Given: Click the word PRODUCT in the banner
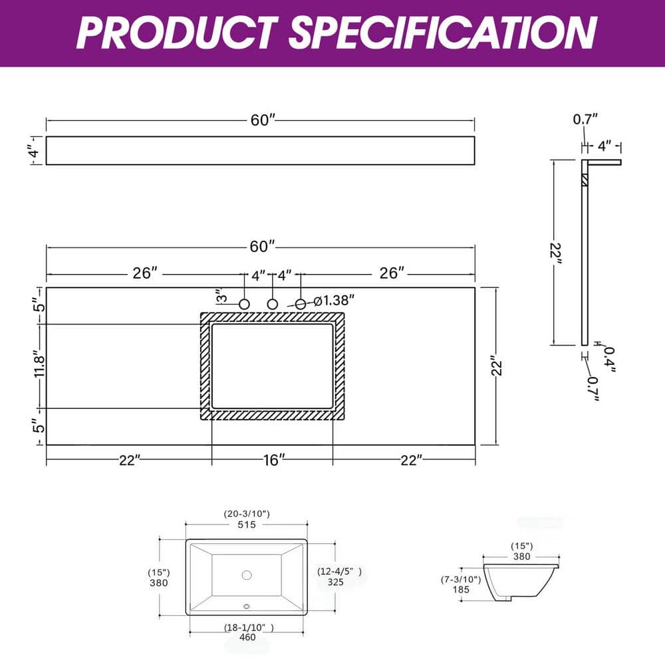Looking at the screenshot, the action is coord(177,33).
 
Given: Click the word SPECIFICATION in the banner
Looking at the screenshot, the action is coord(443,33).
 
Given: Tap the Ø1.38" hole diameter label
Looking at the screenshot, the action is coord(334,301).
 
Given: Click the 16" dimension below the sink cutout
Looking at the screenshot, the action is coord(273,460).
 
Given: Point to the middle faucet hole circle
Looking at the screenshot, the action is coord(272,304).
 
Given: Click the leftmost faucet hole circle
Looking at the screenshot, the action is coord(244,304).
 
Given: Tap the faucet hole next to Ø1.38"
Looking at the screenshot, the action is coord(301,304).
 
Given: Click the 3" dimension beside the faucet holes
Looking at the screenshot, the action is coord(221,296).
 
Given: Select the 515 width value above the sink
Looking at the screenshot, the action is coord(247,525).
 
